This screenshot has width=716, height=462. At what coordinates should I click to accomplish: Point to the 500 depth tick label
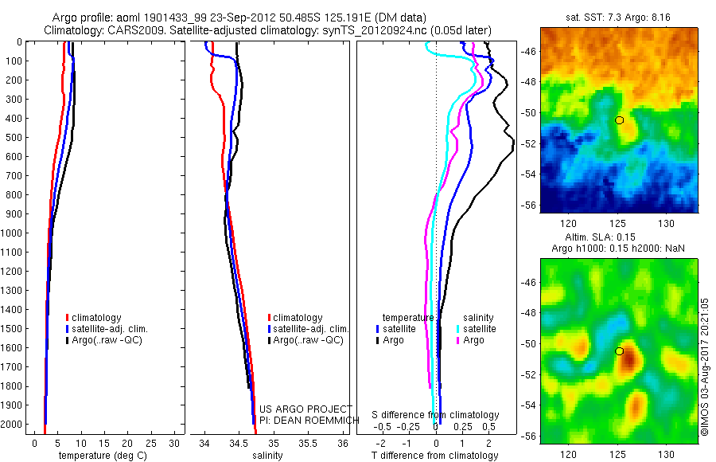[x=14, y=137]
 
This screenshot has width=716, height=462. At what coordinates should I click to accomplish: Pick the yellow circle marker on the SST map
[x=619, y=119]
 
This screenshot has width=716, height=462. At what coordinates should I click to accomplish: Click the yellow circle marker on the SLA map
[x=619, y=350]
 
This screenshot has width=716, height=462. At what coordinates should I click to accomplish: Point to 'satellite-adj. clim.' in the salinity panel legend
[x=310, y=329]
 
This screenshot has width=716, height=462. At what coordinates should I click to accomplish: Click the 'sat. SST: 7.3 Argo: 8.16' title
[x=618, y=17]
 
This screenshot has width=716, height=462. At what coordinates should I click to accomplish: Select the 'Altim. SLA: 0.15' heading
[x=618, y=237]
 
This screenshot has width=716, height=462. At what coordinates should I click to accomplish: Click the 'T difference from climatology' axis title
[x=436, y=456]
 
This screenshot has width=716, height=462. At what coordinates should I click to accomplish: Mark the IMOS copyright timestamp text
[x=705, y=367]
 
